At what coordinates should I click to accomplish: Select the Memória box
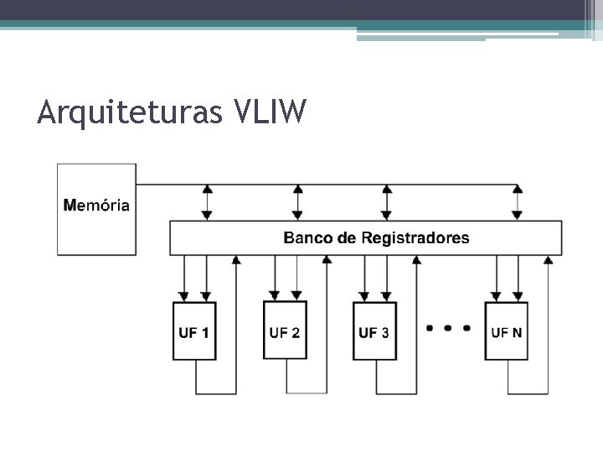(96, 209)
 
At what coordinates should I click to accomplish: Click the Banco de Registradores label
(376, 238)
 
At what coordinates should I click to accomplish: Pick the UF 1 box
(194, 331)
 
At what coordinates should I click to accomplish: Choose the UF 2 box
(285, 331)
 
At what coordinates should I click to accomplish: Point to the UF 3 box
(374, 331)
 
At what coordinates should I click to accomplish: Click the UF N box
(507, 331)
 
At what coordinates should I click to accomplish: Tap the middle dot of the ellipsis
(448, 328)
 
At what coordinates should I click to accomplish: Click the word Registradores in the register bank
(415, 238)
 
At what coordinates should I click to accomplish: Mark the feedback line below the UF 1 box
(216, 393)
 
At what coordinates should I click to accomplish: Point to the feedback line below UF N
(528, 393)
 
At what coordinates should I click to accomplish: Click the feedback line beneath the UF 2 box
(307, 393)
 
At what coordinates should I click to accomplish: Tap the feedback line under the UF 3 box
(396, 393)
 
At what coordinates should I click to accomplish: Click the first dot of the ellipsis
(430, 328)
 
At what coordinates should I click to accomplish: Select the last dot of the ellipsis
(466, 328)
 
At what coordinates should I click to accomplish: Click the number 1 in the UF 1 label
(205, 332)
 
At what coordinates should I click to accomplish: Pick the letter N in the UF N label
(517, 332)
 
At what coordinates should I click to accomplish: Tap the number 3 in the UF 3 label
(384, 332)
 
